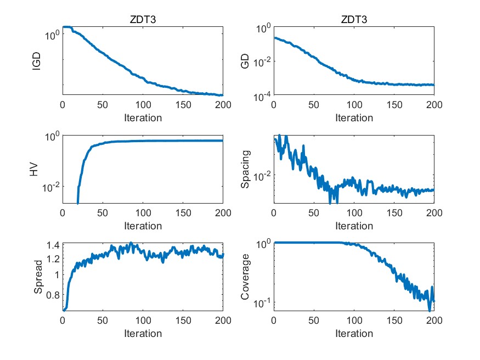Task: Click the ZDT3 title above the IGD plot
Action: click(143, 20)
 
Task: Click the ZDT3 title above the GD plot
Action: click(354, 20)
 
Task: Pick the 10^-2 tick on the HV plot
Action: click(49, 188)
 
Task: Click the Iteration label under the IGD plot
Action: click(143, 117)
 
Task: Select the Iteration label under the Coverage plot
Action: click(354, 333)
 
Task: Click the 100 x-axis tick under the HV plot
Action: click(143, 213)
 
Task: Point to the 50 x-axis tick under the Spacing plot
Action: click(314, 213)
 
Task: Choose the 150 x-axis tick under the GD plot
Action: click(394, 105)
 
